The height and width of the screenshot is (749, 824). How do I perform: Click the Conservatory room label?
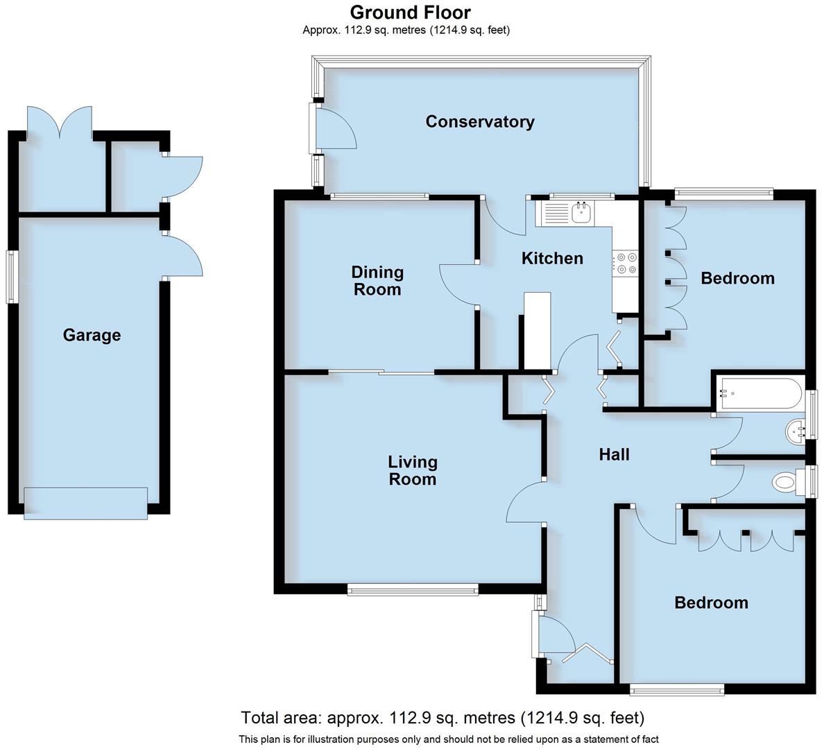tap(479, 122)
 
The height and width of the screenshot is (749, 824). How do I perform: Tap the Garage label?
tap(92, 336)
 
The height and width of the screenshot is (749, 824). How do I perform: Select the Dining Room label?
tap(377, 281)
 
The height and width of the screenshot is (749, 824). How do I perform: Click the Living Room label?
tap(412, 470)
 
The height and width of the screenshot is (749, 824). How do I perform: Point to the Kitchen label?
tap(552, 259)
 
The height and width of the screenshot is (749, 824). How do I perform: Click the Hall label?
tap(614, 454)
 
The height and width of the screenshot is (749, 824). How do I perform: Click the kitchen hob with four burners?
tap(626, 263)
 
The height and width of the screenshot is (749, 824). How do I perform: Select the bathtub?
tap(759, 393)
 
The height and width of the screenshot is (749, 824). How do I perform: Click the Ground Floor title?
tap(410, 12)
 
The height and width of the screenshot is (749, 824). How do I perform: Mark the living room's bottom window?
tap(413, 590)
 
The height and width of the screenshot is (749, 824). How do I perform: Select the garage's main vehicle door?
tap(85, 503)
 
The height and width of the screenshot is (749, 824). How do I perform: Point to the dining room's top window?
tap(379, 196)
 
